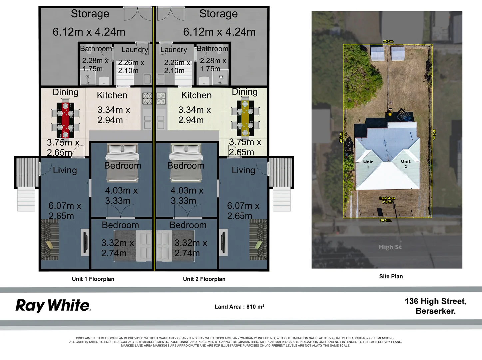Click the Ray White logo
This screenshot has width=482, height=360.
(x=53, y=305)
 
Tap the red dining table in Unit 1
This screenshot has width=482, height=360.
(x=65, y=120)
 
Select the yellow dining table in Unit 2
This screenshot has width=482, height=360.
(x=245, y=119)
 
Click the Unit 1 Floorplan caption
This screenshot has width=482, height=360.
(x=93, y=279)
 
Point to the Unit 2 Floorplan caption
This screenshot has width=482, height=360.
(x=204, y=279)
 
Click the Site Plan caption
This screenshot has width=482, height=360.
(x=391, y=276)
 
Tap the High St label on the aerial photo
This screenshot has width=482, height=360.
(x=390, y=247)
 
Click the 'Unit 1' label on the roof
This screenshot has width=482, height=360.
(x=368, y=164)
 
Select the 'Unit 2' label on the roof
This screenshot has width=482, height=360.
(x=405, y=164)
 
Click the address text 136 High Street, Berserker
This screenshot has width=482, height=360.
(x=436, y=306)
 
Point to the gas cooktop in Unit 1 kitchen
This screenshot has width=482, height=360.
(x=147, y=98)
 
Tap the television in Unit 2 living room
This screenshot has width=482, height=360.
(x=223, y=242)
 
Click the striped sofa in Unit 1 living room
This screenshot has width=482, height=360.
(x=50, y=240)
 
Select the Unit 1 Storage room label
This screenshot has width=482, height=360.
(x=90, y=14)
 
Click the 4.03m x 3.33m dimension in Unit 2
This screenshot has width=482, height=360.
(x=187, y=195)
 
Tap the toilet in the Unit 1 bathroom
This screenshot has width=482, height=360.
(x=104, y=80)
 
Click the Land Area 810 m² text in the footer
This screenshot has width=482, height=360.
(x=240, y=307)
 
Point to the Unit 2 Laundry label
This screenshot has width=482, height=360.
(x=173, y=50)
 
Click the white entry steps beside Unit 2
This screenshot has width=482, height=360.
(x=282, y=200)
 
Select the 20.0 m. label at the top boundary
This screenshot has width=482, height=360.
(x=388, y=41)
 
